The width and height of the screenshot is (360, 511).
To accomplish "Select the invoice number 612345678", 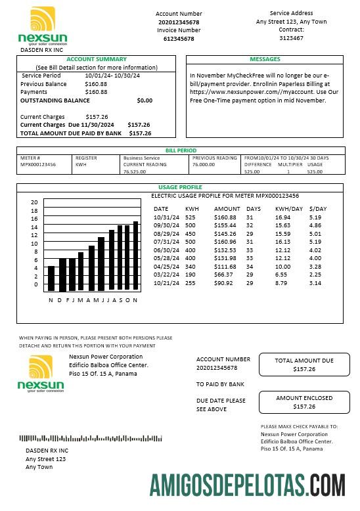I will pos(179,39).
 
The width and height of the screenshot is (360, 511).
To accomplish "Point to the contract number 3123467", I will pos(291,38).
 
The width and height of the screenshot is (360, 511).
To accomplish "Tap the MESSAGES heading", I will pos(265,59).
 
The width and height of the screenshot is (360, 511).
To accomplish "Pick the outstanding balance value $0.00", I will pos(145,100).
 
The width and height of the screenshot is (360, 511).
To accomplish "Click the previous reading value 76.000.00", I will pos(203,165).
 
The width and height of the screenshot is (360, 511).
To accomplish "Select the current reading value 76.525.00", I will pos(135,172).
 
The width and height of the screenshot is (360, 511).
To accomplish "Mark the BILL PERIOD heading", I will pos(181,150).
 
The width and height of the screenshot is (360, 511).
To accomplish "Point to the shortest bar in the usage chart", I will pos(51,278).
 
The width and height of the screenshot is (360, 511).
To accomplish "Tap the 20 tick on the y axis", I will pos(35,202).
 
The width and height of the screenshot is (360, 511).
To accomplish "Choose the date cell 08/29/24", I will pos(166,233).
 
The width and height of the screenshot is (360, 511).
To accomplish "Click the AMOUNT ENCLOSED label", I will pos(304,397).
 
